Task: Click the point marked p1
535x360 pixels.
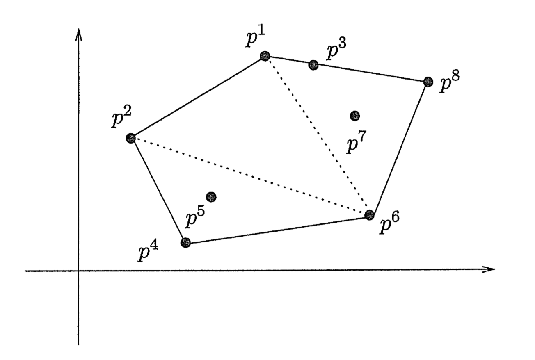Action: (x=265, y=56)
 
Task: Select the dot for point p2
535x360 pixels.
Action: (x=131, y=138)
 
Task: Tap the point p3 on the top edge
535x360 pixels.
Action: (x=313, y=64)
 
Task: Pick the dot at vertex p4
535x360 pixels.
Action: (x=185, y=242)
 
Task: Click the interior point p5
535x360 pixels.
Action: (x=212, y=197)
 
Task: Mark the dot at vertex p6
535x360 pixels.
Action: (x=369, y=214)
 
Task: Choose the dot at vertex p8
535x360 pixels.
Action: (x=428, y=82)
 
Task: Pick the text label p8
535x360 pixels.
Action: (x=448, y=84)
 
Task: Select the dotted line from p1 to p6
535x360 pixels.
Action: (x=317, y=135)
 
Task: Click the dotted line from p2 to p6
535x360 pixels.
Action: (x=250, y=176)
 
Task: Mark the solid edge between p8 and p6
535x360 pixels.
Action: (x=399, y=148)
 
